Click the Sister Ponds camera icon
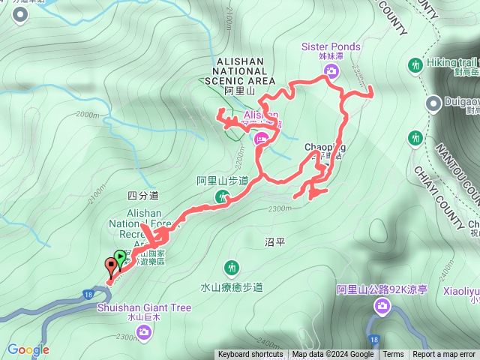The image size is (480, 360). click(331, 71)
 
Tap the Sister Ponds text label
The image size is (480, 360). click(331, 46)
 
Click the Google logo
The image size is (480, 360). click(28, 349)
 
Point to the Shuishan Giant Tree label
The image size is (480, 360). click(143, 307)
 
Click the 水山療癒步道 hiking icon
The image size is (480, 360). click(232, 268)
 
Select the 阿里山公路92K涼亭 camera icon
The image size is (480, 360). click(382, 304)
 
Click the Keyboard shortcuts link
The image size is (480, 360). click(250, 355)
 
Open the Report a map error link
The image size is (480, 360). click(444, 355)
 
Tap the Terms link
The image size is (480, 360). click(393, 355)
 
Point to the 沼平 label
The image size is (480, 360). click(275, 241)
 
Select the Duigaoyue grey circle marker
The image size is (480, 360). click(433, 103)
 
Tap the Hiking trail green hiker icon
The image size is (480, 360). click(416, 66)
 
